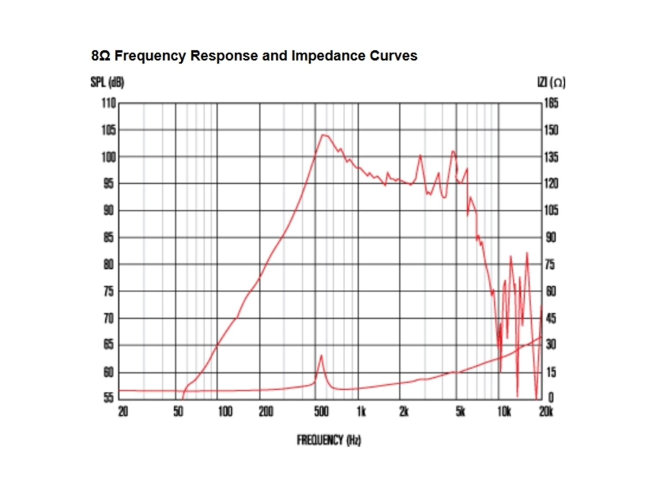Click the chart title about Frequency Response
254,56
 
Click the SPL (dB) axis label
107,82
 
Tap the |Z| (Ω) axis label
551,82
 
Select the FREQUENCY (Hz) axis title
329,440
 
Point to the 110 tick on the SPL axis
108,103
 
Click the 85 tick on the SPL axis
108,238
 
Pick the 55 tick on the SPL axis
108,398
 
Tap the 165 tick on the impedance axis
551,103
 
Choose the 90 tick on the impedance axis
551,238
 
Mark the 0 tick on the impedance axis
551,398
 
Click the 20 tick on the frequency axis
123,412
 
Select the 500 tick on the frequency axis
321,412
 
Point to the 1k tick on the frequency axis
361,412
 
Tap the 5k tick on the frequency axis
460,412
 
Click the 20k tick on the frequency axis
546,412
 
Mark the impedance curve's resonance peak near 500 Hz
321,356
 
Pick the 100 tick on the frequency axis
225,412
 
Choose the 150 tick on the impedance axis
551,130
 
